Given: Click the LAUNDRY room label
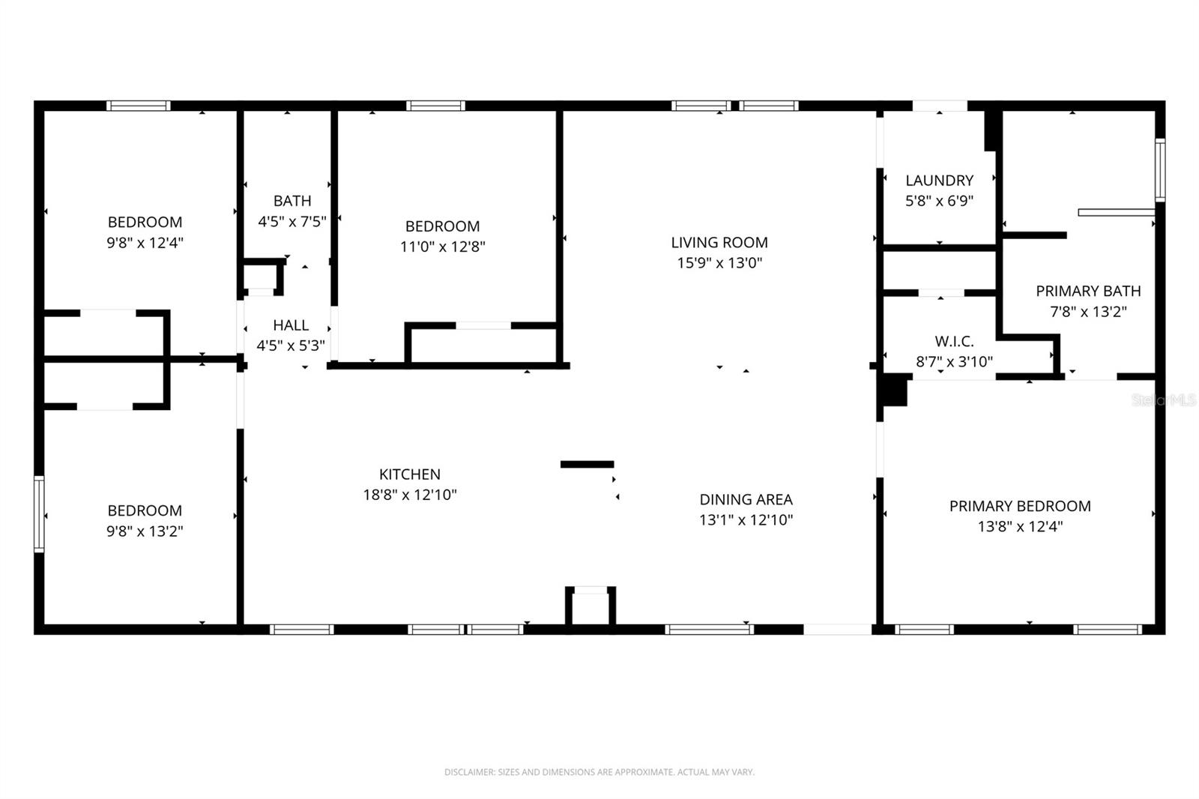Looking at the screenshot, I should click(939, 181).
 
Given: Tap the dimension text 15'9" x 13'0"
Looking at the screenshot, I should click(719, 263).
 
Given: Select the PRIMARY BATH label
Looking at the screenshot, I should click(1088, 291).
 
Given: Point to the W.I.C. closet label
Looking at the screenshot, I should click(954, 342).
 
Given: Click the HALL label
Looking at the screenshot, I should click(291, 325).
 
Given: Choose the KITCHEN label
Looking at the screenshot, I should click(409, 474).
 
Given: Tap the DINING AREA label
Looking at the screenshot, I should click(746, 500).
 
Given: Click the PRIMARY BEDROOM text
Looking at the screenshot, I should click(1020, 506).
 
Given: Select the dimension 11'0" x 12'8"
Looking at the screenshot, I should click(442, 247).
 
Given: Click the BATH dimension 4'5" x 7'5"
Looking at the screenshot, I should click(292, 221).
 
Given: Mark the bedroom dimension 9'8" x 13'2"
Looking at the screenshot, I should click(145, 531).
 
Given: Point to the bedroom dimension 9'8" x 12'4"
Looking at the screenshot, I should click(145, 243).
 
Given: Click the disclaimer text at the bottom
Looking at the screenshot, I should click(599, 772).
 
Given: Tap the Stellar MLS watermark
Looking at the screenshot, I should click(1163, 401).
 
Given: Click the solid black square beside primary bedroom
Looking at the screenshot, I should click(893, 391).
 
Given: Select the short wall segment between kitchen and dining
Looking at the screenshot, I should click(587, 465).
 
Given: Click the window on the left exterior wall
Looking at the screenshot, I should click(39, 514).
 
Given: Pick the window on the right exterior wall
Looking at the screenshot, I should click(1159, 169).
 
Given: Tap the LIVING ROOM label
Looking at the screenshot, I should click(719, 243).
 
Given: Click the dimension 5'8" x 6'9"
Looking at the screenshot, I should click(939, 201).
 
